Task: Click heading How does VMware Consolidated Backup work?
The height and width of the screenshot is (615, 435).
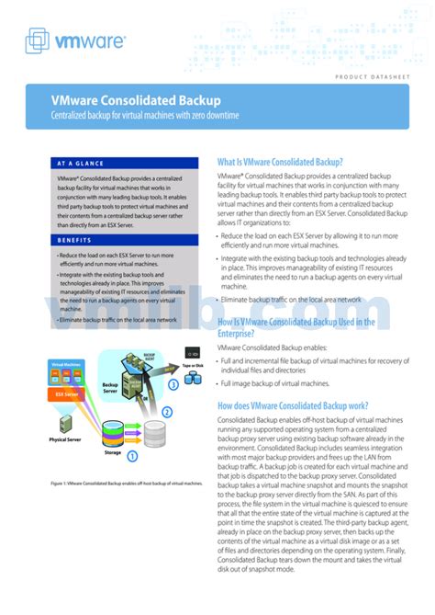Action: point(293,405)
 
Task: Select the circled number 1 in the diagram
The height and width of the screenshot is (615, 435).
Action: point(132,454)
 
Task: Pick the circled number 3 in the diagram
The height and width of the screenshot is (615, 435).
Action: point(174,385)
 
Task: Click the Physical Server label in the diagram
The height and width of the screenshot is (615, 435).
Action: point(66,439)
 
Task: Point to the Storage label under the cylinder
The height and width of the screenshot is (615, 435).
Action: point(112,452)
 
